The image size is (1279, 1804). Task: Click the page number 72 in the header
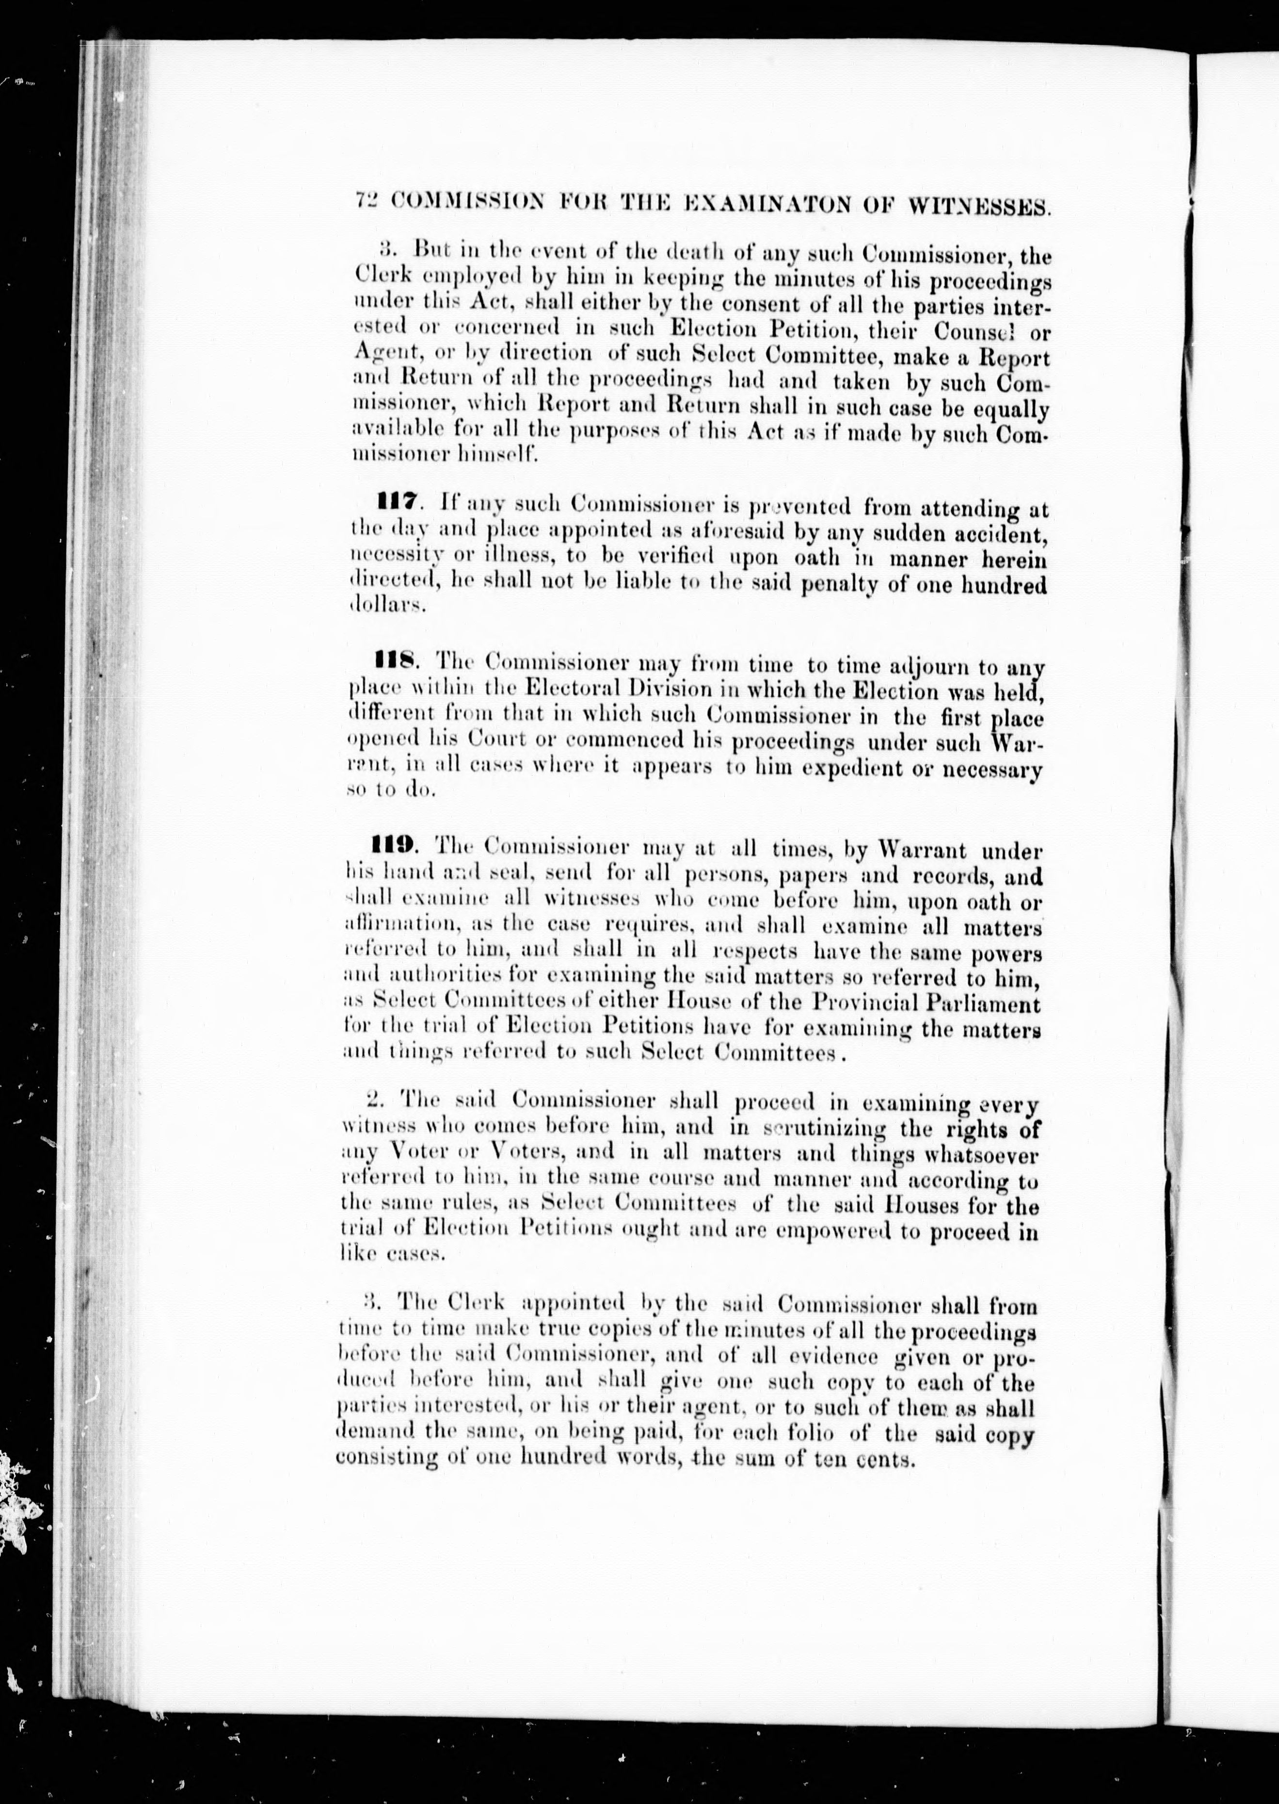click(x=368, y=202)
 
